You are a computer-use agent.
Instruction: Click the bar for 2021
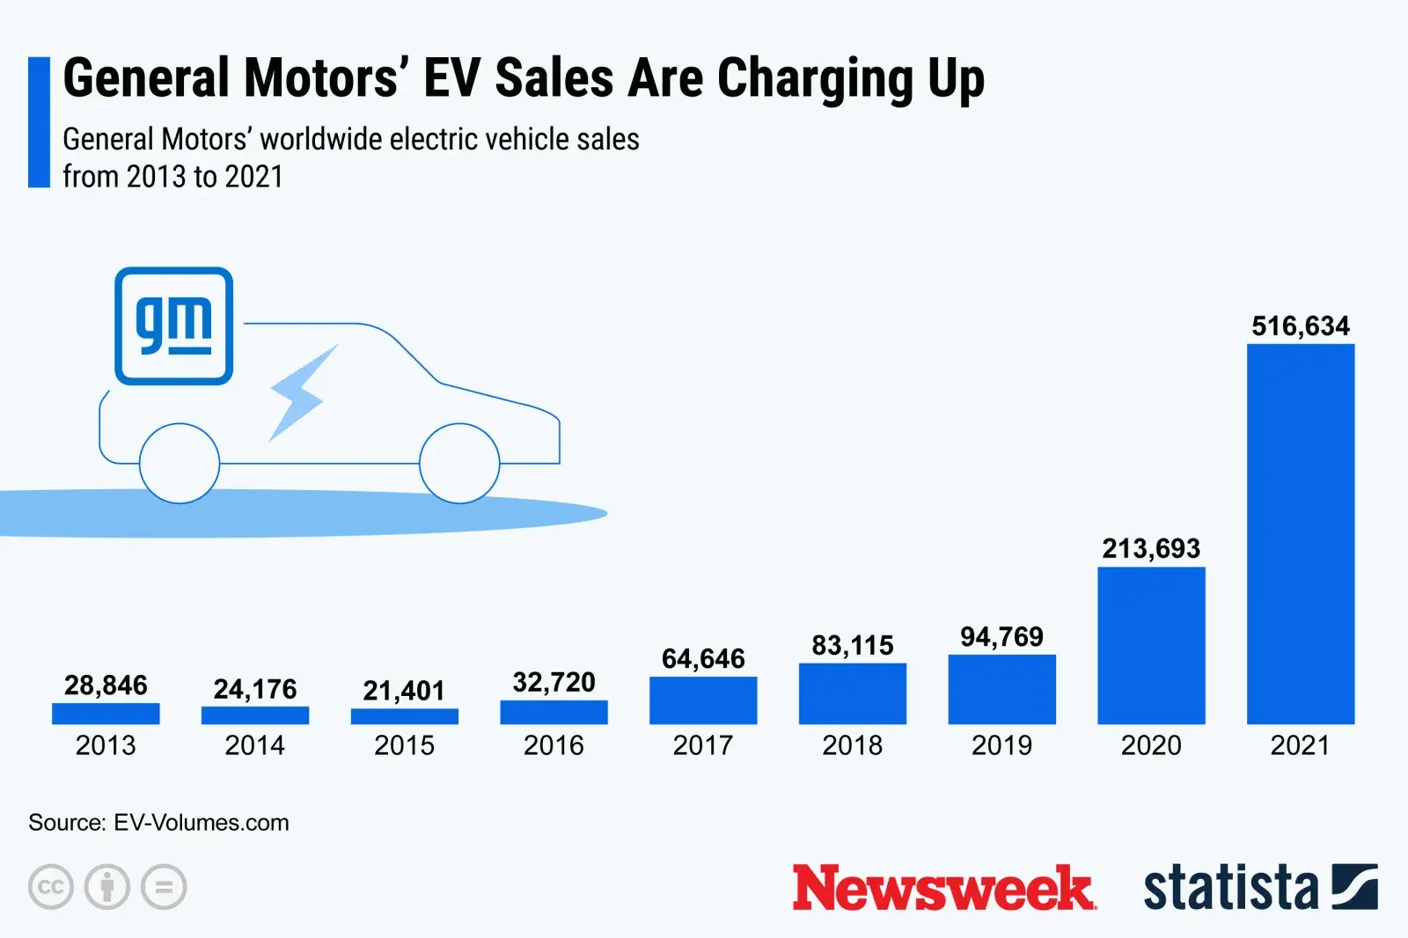(1301, 534)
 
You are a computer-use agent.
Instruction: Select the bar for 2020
(1151, 645)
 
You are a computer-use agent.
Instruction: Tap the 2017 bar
(703, 700)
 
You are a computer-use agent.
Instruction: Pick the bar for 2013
(106, 714)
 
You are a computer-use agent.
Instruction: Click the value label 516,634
(1301, 326)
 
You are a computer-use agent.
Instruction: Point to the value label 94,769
(1001, 637)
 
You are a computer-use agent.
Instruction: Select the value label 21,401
(404, 691)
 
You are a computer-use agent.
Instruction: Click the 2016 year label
(554, 745)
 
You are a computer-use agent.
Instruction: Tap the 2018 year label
(852, 745)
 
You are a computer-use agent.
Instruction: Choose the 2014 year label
(254, 745)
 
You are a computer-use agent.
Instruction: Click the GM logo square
(174, 326)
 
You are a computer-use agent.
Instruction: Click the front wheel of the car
(459, 463)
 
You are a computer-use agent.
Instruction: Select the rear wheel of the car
(180, 463)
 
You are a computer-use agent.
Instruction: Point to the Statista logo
(1259, 887)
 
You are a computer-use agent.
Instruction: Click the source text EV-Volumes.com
(202, 823)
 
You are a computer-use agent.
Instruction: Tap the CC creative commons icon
(50, 887)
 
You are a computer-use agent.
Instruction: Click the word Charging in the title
(816, 79)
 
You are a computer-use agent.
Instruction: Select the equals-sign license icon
(164, 887)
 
